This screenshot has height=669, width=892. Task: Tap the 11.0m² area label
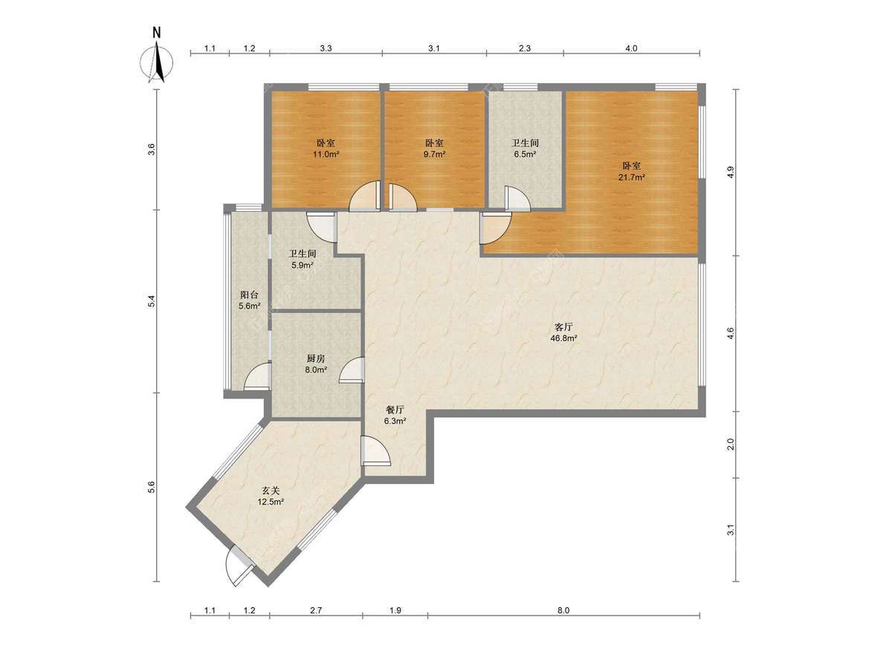point(326,155)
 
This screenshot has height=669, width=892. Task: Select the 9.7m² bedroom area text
point(434,155)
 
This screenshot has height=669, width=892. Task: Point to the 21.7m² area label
point(632,177)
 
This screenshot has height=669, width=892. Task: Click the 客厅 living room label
point(563,326)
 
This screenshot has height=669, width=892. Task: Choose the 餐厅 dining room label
point(395,410)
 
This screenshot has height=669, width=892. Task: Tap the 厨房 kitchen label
point(316,359)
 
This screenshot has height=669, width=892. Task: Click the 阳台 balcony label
point(249,295)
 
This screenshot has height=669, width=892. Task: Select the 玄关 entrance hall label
point(271,491)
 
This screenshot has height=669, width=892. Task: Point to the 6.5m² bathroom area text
point(525,155)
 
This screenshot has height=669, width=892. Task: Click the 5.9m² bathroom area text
point(303,265)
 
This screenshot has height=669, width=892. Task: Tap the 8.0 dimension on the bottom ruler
point(563,610)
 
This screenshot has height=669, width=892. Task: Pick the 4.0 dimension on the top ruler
point(630,48)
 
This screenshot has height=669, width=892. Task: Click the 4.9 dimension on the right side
point(730,172)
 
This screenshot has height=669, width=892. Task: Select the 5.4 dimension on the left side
point(152,301)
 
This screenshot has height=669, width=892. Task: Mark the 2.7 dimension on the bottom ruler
point(316,610)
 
